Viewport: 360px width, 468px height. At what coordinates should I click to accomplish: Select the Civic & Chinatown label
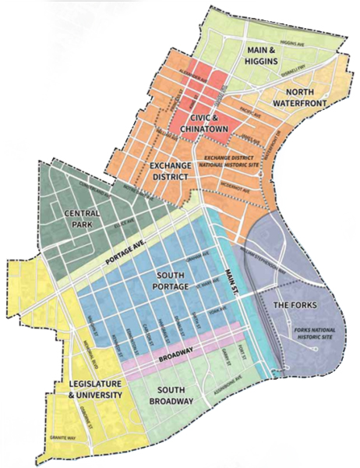pos(201,121)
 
